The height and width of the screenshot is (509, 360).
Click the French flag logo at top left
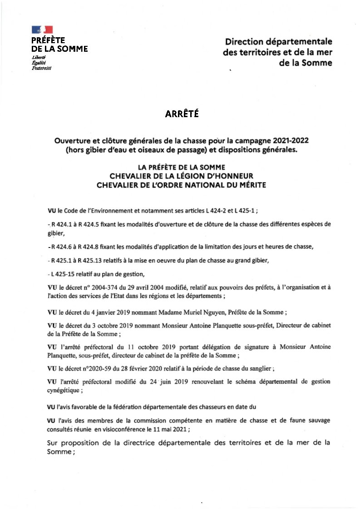tap(42, 30)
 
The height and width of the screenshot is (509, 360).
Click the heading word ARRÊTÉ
tap(182, 113)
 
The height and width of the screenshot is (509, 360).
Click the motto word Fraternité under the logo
tap(42, 68)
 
